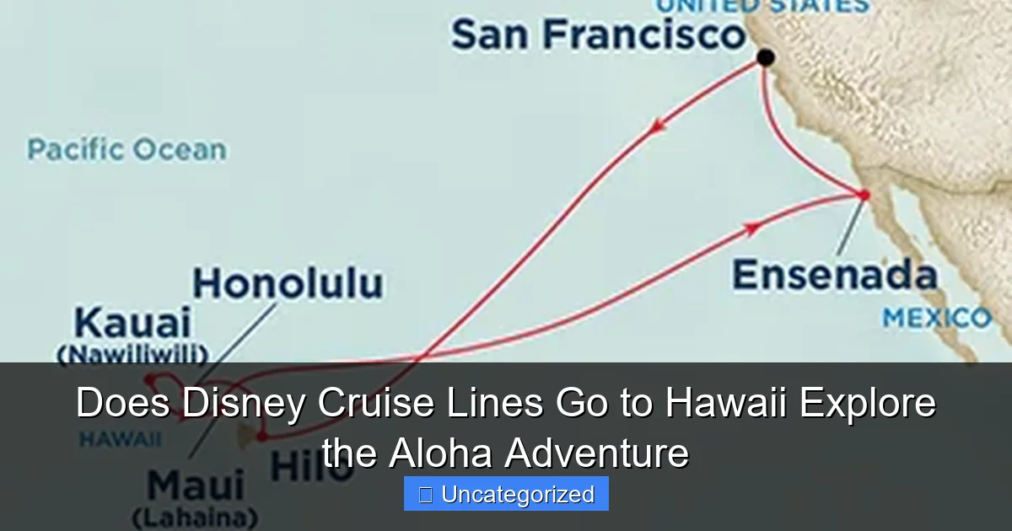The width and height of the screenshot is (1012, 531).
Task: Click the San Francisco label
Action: pyautogui.click(x=598, y=35)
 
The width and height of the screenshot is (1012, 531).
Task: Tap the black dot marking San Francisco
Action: pyautogui.click(x=765, y=57)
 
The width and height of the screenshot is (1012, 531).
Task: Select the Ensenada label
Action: pyautogui.click(x=834, y=276)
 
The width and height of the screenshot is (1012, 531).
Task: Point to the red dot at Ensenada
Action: pyautogui.click(x=864, y=196)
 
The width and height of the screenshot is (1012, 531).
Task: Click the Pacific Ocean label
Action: pyautogui.click(x=126, y=150)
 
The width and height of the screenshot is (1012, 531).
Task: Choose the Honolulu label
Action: pyautogui.click(x=288, y=284)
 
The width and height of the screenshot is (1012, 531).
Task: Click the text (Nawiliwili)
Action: pyautogui.click(x=132, y=354)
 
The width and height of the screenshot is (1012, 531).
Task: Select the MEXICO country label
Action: pyautogui.click(x=936, y=319)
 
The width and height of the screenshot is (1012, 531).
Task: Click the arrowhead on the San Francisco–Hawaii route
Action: pyautogui.click(x=656, y=127)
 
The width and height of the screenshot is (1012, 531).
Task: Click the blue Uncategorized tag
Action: pyautogui.click(x=506, y=494)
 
